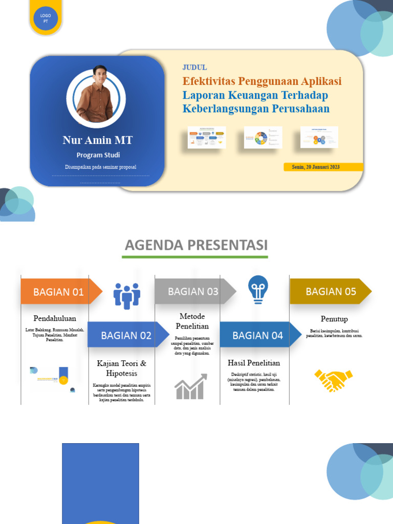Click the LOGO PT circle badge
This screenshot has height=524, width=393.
[46, 19]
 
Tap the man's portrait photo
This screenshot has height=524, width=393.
[96, 98]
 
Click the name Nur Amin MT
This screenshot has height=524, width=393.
[97, 140]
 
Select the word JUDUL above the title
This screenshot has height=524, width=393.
[194, 68]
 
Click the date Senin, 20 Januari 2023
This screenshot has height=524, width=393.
[316, 167]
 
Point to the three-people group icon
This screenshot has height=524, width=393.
[126, 296]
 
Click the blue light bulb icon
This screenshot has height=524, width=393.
[258, 289]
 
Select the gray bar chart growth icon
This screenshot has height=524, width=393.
[190, 386]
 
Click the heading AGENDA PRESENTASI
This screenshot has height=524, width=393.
[196, 245]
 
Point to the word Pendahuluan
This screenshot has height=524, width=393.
[55, 318]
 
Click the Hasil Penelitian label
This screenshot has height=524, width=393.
[254, 363]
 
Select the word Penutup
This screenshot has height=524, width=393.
[334, 319]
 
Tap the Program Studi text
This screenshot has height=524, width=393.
[98, 155]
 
